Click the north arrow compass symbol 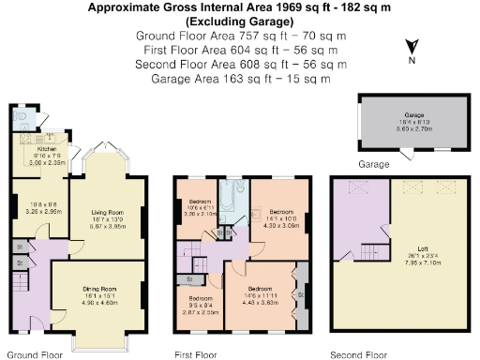411,49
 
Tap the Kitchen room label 48,148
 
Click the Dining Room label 97,291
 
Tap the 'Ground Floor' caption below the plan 35,355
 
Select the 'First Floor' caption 196,355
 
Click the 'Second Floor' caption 358,355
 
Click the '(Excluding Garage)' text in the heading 239,21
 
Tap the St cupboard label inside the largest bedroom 300,293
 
